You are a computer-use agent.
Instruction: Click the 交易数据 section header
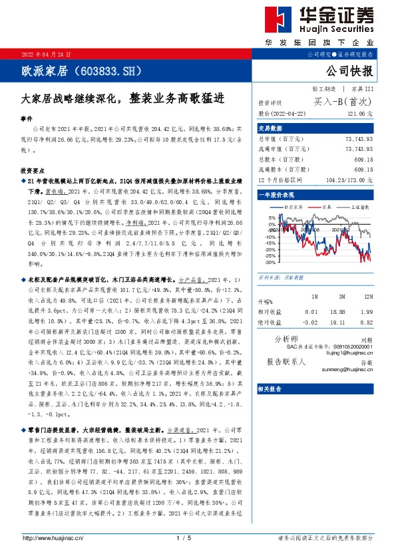pyautogui.click(x=270, y=128)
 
